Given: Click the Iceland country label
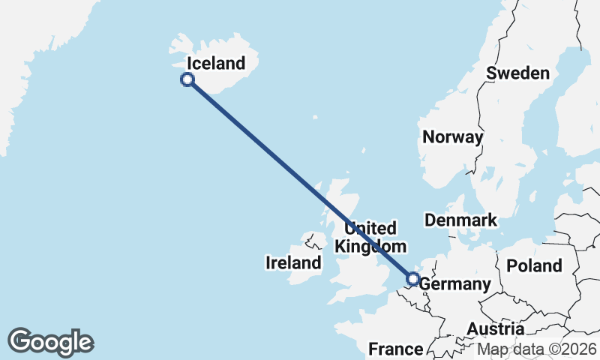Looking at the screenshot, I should [216, 63].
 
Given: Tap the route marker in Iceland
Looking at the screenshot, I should [187, 79].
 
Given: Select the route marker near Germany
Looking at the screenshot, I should [412, 280].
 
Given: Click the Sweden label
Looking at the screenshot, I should [518, 73].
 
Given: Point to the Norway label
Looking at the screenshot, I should [453, 136].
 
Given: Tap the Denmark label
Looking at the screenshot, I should [460, 220].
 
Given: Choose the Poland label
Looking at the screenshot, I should [534, 265].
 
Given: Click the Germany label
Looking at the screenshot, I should [454, 285].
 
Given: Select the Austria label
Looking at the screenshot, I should [495, 329].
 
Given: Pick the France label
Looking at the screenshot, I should [396, 349].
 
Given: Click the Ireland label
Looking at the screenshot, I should [293, 262].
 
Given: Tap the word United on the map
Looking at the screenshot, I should [370, 228].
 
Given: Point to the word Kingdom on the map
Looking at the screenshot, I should [370, 246].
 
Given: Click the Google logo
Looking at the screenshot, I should [50, 342].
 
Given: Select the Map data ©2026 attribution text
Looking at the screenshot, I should [538, 349].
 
